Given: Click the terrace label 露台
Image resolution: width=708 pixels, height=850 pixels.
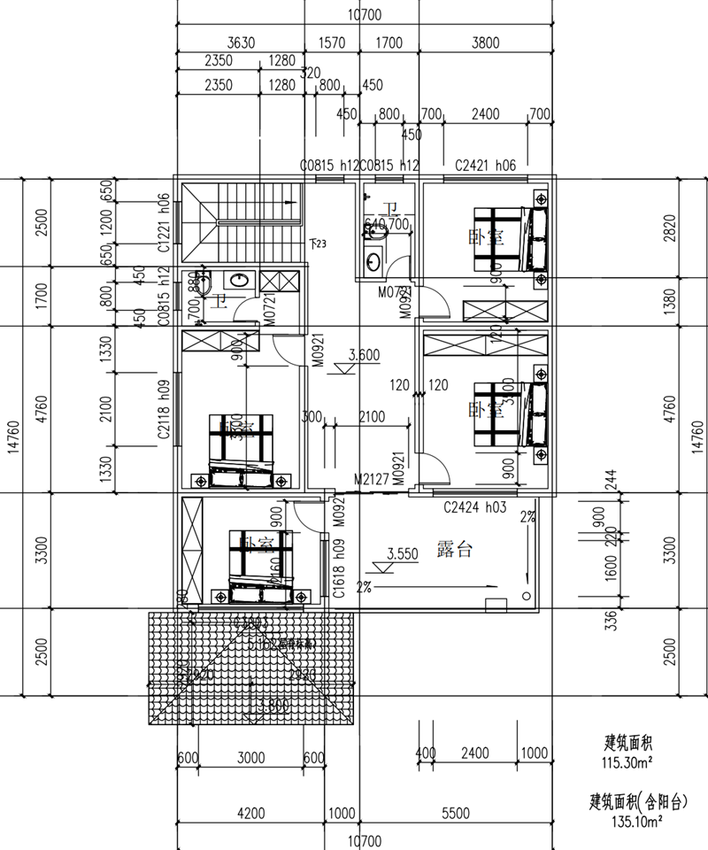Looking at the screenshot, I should click(454, 549).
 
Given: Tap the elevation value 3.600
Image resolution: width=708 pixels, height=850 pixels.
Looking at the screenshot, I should click(364, 355).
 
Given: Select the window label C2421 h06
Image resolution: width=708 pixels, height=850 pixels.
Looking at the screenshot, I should click(485, 166).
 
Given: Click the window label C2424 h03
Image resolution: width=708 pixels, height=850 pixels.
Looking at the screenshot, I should click(473, 507).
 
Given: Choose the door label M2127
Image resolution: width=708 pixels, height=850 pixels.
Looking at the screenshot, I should click(371, 479).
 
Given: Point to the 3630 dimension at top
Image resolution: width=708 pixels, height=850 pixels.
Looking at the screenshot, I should click(242, 42).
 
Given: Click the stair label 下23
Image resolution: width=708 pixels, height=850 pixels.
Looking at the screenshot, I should click(318, 243).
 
